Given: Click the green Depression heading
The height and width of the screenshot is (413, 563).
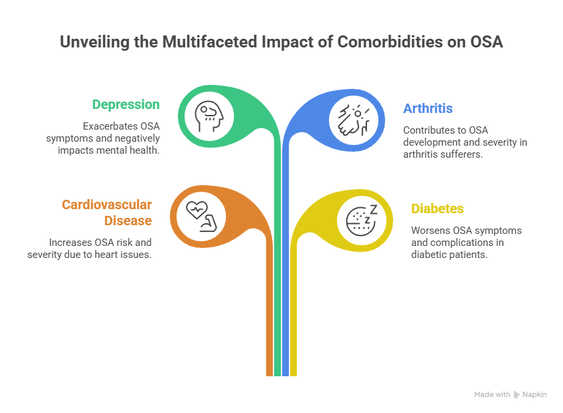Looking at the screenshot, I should pyautogui.click(x=126, y=104).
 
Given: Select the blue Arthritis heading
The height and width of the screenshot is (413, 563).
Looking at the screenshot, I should pyautogui.click(x=427, y=108).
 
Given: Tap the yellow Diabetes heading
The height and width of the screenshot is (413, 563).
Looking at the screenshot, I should pyautogui.click(x=437, y=209).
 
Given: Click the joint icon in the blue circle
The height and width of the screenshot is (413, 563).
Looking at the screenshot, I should pyautogui.click(x=350, y=118).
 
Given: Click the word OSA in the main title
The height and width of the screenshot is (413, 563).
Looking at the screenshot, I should pyautogui.click(x=484, y=42).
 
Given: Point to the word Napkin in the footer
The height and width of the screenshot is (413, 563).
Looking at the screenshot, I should pyautogui.click(x=534, y=395).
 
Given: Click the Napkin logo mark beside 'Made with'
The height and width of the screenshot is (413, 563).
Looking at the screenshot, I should pyautogui.click(x=516, y=395).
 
